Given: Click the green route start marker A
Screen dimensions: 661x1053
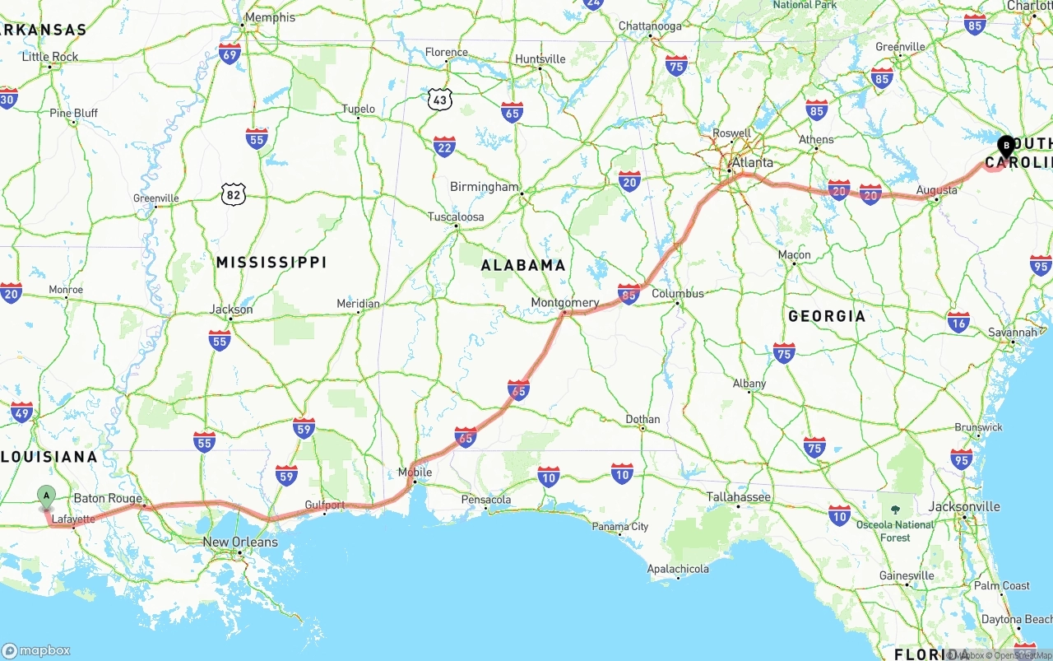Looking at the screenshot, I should click(47, 496).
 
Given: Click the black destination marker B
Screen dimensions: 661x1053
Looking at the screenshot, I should click(1006, 146).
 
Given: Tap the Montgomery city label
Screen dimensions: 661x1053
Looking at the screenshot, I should click(564, 302).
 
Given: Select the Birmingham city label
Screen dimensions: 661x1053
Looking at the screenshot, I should click(484, 187).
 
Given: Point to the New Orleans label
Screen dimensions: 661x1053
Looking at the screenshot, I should click(240, 542).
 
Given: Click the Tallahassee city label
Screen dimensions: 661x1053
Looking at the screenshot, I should click(738, 497).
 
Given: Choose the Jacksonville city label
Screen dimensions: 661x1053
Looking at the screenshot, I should click(964, 507).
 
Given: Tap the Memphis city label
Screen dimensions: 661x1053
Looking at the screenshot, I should click(270, 17).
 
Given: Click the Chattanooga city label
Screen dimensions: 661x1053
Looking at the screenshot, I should click(650, 26).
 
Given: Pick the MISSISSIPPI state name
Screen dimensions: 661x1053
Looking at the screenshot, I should click(271, 263).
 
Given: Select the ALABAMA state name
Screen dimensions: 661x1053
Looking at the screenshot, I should click(523, 265).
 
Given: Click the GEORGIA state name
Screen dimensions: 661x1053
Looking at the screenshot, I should click(827, 316).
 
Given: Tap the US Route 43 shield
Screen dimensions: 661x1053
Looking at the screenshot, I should click(440, 100).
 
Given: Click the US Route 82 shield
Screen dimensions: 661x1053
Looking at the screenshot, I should click(233, 195).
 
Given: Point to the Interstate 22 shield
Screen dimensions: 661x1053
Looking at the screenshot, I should click(444, 147).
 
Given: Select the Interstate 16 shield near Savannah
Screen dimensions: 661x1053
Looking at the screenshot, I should click(958, 321).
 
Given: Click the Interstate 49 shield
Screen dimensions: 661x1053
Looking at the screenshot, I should click(22, 413).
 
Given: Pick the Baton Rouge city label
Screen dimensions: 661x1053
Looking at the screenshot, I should click(107, 499).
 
